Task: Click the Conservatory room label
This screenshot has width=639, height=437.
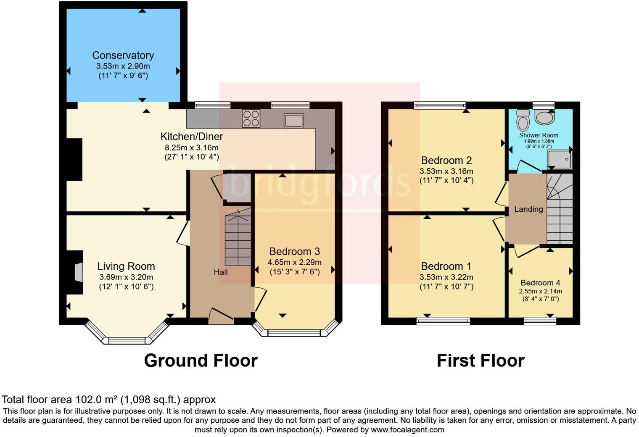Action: click(x=123, y=55)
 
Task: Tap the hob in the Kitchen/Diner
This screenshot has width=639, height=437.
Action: click(x=251, y=118)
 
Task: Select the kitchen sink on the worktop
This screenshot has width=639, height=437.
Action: click(x=294, y=120)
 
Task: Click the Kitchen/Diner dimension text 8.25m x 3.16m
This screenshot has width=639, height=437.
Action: click(x=191, y=148)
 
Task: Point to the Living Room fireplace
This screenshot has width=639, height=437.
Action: click(x=78, y=272)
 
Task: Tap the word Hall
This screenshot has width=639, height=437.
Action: click(x=221, y=272)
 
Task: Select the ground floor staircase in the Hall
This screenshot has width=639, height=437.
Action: click(x=238, y=240)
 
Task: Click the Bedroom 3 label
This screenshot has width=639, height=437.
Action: click(x=294, y=251)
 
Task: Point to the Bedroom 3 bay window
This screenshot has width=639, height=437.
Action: click(x=294, y=332)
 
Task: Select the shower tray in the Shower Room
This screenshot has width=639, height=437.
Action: click(x=559, y=159)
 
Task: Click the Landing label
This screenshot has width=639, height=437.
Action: click(x=528, y=209)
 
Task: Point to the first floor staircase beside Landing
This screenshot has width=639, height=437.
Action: click(x=560, y=210)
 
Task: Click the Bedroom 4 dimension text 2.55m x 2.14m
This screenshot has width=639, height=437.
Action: click(x=540, y=291)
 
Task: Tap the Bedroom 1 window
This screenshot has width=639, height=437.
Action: click(x=443, y=321)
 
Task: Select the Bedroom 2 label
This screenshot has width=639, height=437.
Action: click(x=446, y=161)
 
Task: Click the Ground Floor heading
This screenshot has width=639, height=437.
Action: click(x=201, y=361)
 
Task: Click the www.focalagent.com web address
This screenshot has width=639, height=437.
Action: click(x=407, y=430)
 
